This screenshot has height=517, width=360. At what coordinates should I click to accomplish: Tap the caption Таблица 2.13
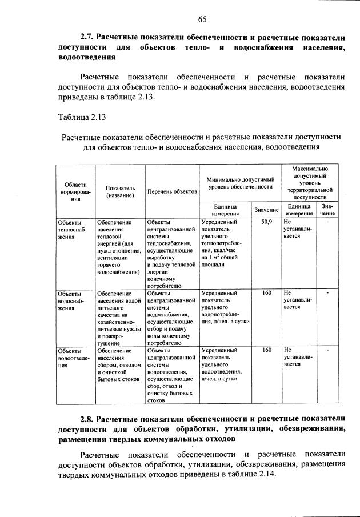point(82,117)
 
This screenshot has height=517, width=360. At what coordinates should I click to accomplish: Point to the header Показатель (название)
point(120,191)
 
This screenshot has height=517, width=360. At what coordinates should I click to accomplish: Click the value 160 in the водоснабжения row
point(266,293)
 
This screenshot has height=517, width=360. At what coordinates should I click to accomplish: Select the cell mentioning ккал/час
point(226,243)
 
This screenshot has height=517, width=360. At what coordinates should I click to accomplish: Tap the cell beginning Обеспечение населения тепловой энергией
point(119,246)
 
